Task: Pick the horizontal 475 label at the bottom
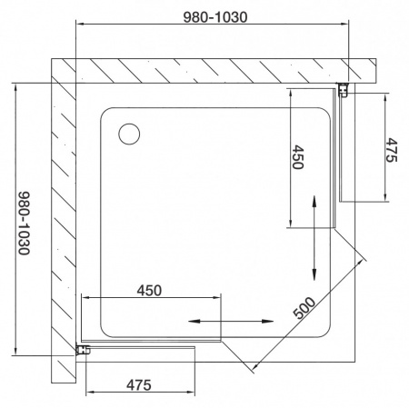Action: click(x=137, y=385)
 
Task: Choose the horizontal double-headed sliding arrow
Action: click(x=231, y=321)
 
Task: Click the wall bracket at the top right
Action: click(x=344, y=89)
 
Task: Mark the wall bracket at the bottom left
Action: click(x=82, y=350)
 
